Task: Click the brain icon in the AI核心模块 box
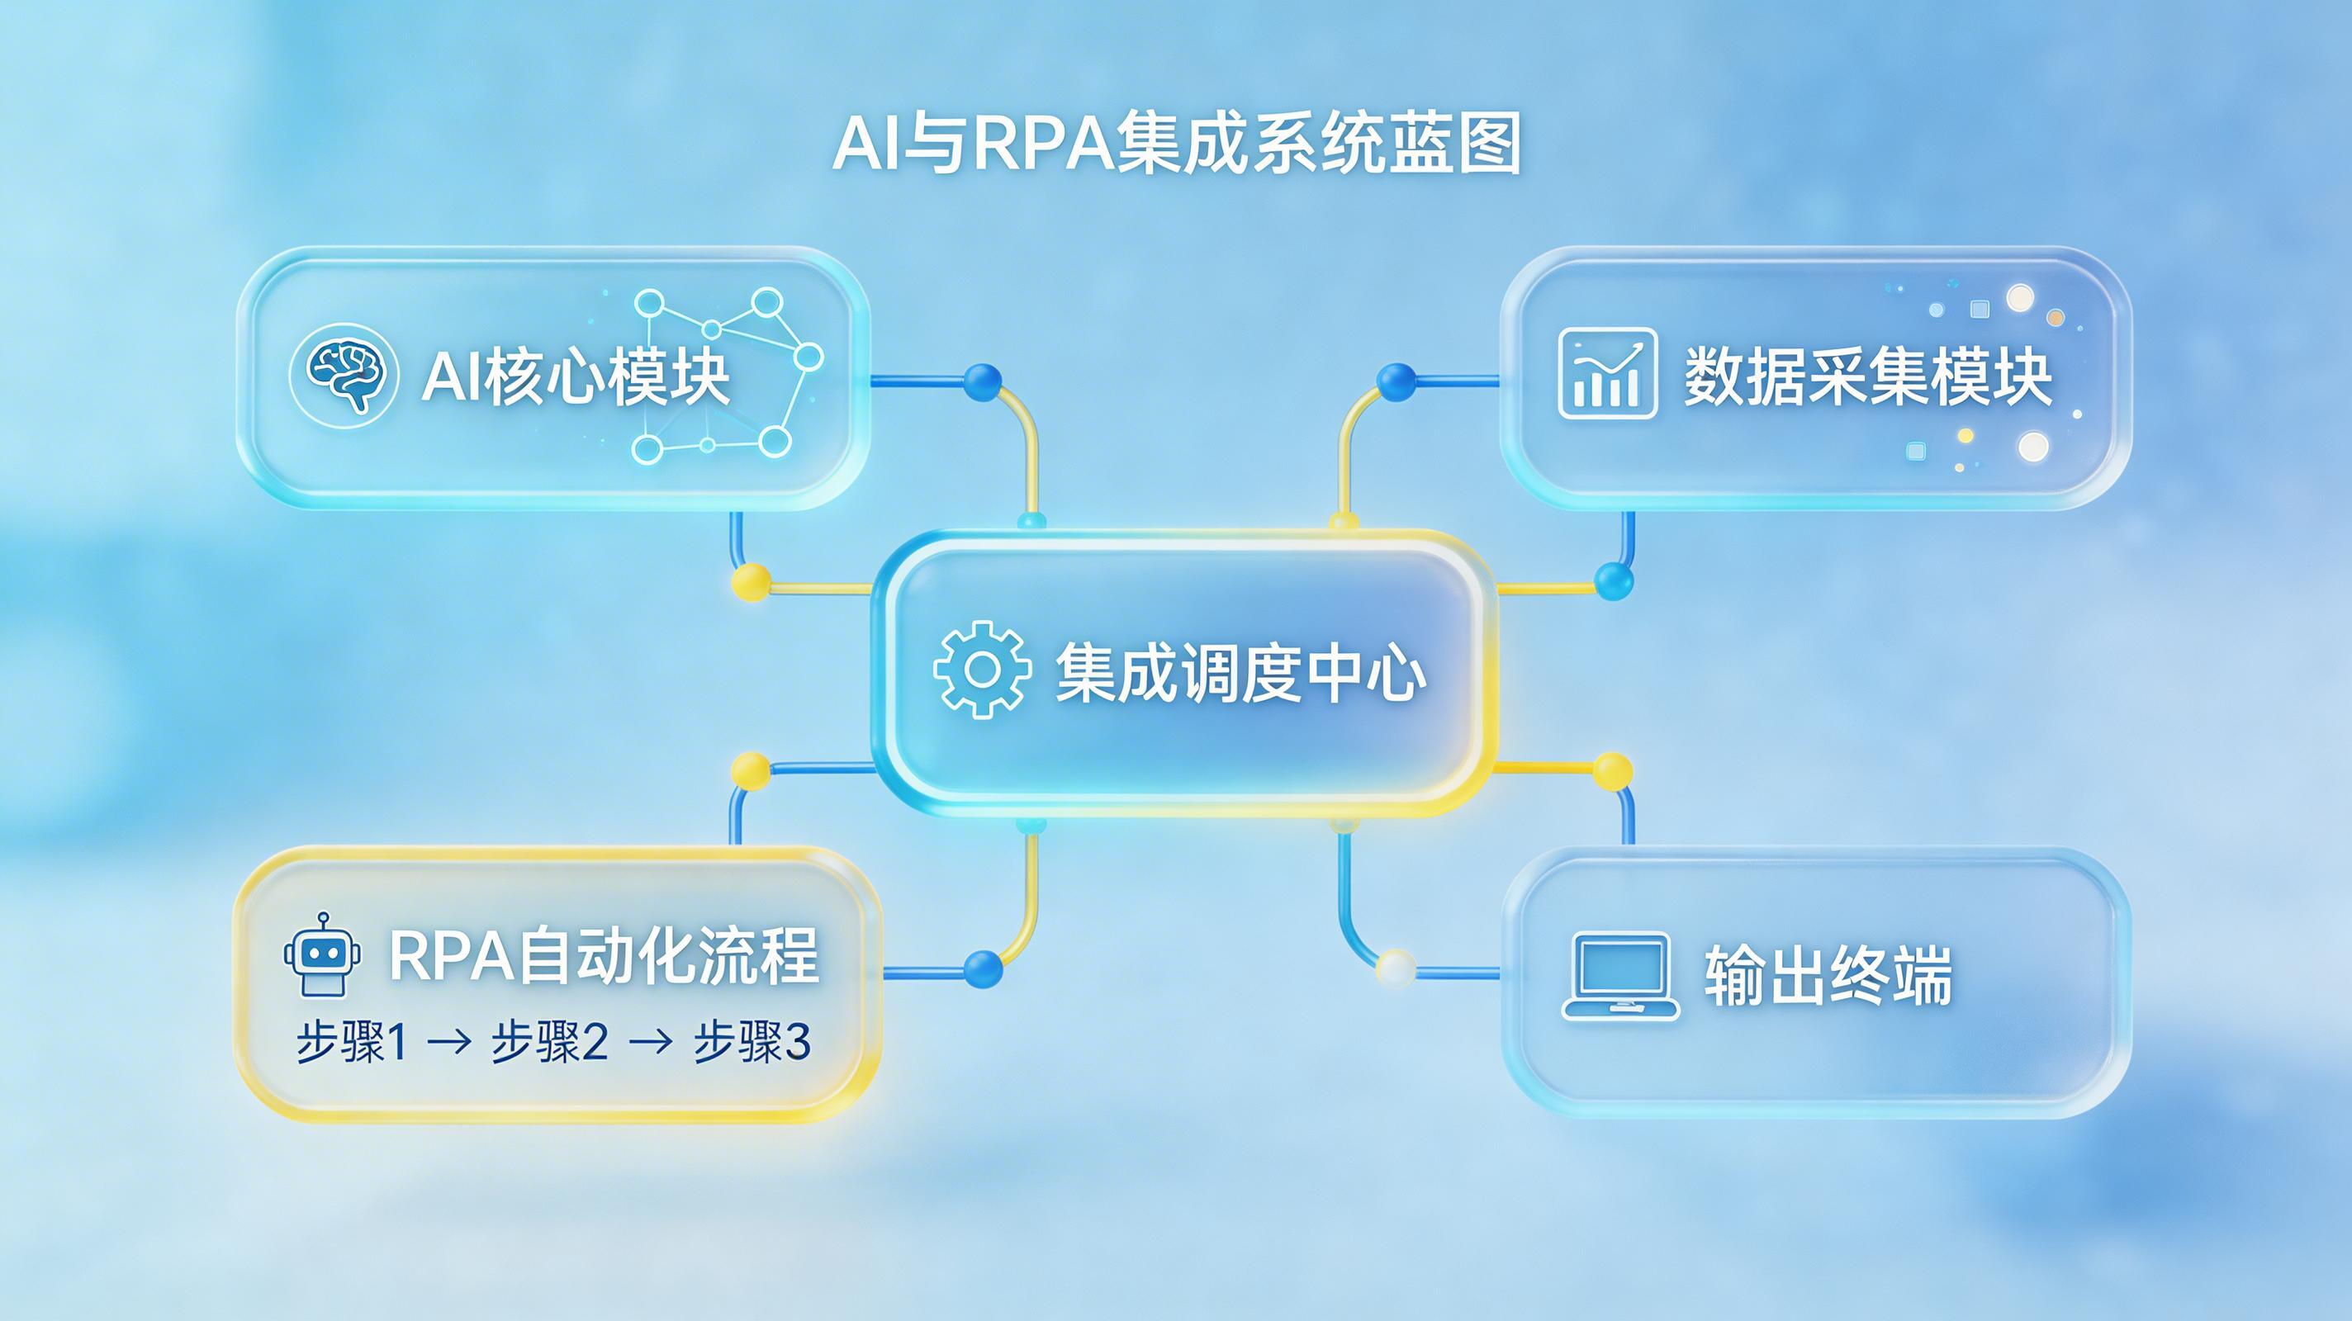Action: tap(344, 374)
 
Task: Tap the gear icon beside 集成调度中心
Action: tap(982, 670)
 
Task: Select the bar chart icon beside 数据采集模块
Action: tap(1607, 374)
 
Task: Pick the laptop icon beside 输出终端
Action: tap(1620, 976)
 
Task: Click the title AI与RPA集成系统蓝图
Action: tap(1176, 144)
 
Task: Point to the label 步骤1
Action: tap(352, 1042)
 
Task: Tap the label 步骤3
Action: tap(752, 1042)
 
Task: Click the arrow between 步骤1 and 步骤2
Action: tap(449, 1042)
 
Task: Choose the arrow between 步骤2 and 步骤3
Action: tap(651, 1042)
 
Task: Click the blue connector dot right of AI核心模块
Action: tap(983, 382)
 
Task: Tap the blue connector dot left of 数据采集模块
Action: tap(1396, 382)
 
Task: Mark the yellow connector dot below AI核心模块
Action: tap(752, 581)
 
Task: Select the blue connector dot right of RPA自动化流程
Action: tap(983, 968)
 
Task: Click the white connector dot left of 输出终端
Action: tap(1395, 968)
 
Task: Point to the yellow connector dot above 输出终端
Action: tap(1612, 771)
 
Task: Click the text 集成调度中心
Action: tap(1240, 673)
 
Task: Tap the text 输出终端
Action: tap(1828, 976)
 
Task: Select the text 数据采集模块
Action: tap(1868, 376)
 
